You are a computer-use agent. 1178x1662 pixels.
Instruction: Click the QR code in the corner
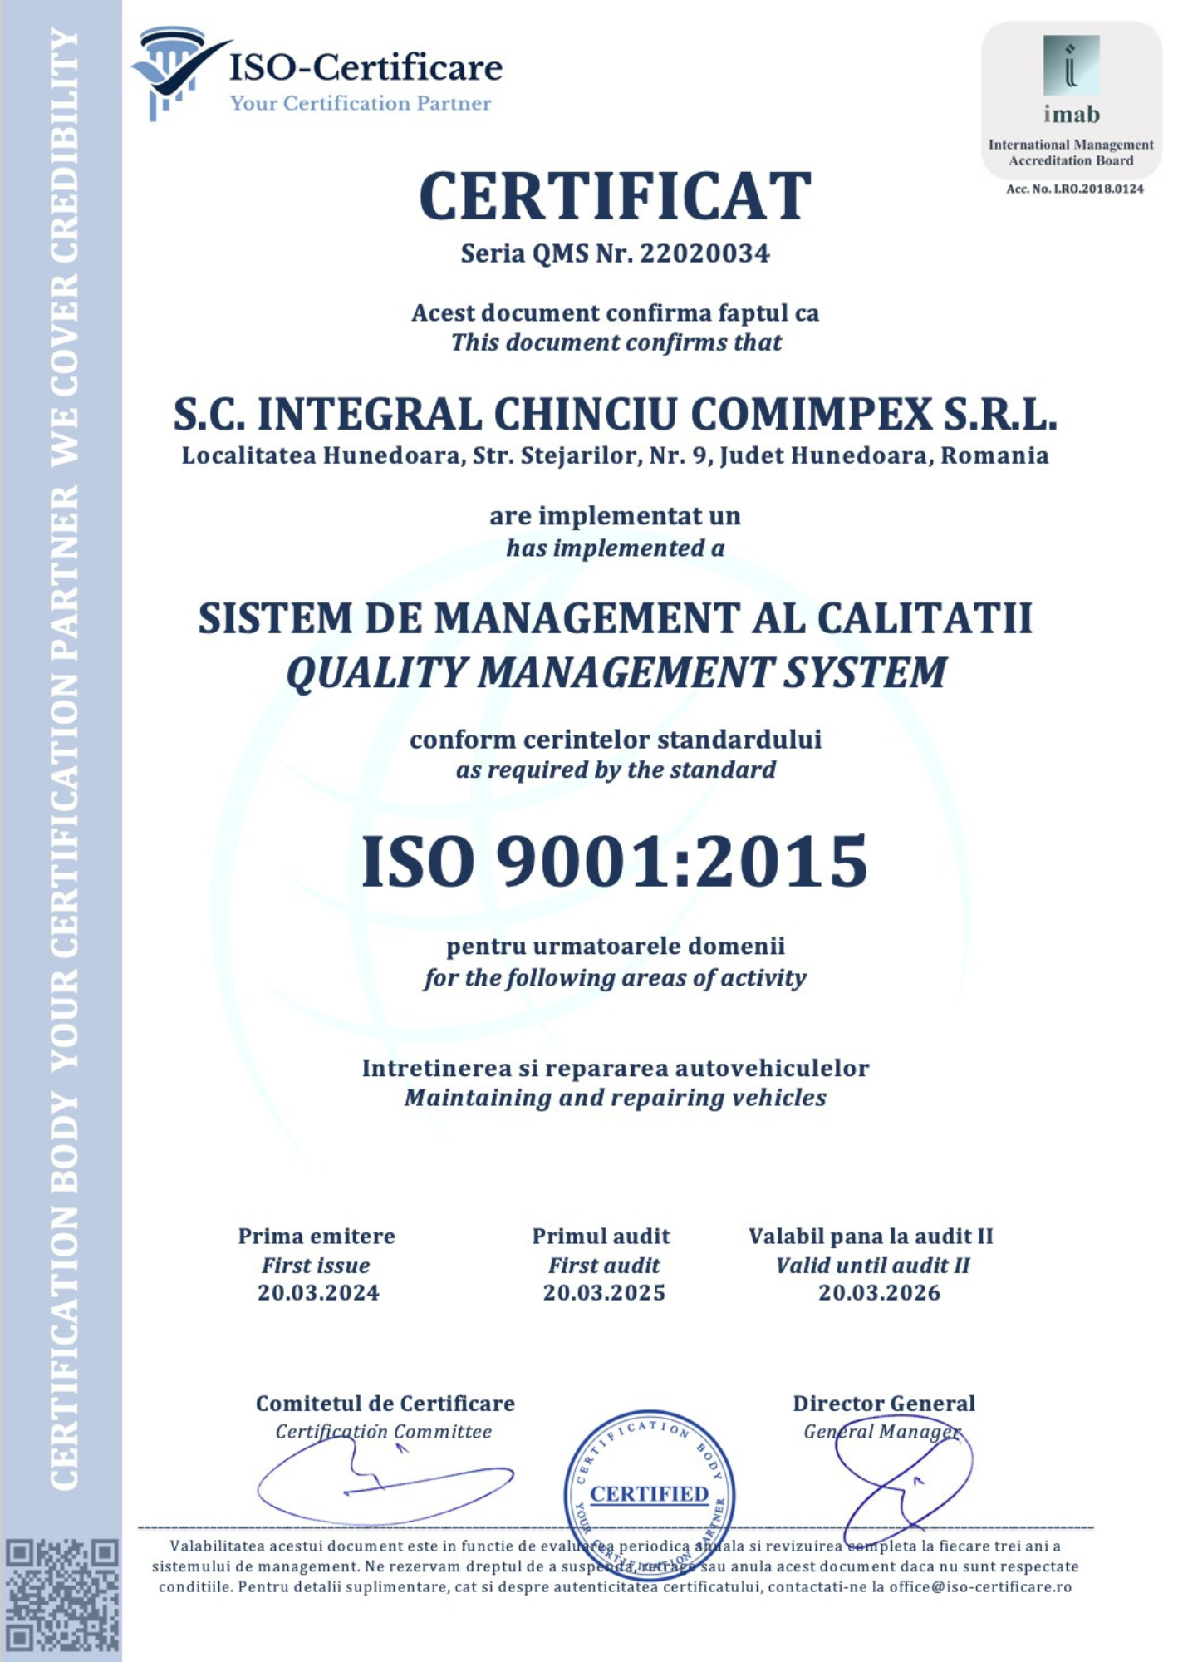pyautogui.click(x=62, y=1596)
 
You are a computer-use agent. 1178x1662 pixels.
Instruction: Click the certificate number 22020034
pyautogui.click(x=704, y=253)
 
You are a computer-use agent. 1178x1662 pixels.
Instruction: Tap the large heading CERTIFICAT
pyautogui.click(x=615, y=197)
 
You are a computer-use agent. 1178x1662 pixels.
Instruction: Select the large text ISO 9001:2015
pyautogui.click(x=615, y=862)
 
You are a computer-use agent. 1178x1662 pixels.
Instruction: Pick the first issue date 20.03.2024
pyautogui.click(x=318, y=1293)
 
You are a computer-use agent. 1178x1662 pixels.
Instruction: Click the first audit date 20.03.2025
pyautogui.click(x=604, y=1293)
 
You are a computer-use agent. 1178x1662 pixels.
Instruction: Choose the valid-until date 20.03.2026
pyautogui.click(x=879, y=1293)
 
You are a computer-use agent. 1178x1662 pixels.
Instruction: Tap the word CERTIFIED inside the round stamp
pyautogui.click(x=649, y=1494)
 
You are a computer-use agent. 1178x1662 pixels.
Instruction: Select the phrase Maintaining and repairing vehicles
pyautogui.click(x=615, y=1099)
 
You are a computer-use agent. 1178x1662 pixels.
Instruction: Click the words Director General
pyautogui.click(x=883, y=1404)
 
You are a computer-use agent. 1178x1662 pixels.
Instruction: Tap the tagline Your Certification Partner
pyautogui.click(x=361, y=104)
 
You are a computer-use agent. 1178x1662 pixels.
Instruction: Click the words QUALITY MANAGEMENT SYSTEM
pyautogui.click(x=615, y=673)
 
